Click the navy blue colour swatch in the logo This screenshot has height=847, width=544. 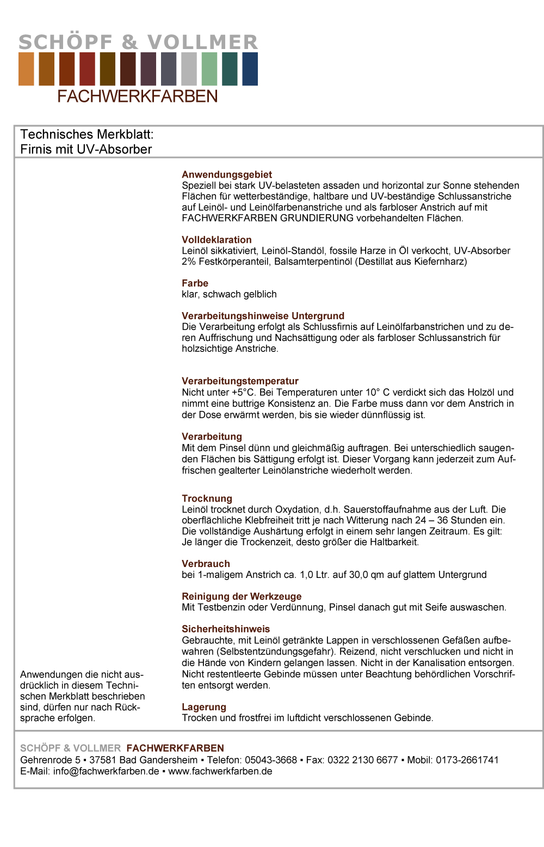click(250, 69)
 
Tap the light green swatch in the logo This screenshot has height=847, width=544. click(209, 69)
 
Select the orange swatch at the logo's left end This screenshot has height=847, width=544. click(26, 69)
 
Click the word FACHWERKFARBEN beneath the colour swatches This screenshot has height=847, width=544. click(138, 96)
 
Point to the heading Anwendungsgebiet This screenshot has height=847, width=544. click(227, 174)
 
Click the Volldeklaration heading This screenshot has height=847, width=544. click(217, 240)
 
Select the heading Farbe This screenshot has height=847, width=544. click(195, 283)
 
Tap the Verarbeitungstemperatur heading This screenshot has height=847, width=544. click(240, 381)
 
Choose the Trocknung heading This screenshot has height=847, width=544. click(207, 498)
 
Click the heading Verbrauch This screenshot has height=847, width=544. click(206, 564)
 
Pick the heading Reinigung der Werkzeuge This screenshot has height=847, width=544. click(242, 596)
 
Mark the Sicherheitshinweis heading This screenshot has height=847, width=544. click(226, 629)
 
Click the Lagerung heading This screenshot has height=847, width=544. click(204, 707)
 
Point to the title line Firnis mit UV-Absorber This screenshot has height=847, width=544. click(86, 149)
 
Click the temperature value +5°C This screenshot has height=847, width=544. click(243, 392)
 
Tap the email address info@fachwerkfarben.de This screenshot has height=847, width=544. click(106, 771)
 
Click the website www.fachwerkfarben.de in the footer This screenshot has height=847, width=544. click(220, 771)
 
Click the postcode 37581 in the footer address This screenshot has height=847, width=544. click(103, 760)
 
